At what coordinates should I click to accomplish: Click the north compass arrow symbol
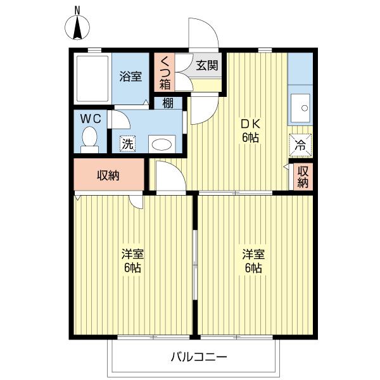77,28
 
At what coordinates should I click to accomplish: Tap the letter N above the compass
77,10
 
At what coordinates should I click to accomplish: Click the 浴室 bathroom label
130,77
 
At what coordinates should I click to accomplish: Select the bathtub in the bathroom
92,79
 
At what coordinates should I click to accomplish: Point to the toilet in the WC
90,139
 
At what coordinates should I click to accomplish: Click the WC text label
91,119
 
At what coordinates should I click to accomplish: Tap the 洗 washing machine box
127,144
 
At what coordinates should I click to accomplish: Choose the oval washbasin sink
161,144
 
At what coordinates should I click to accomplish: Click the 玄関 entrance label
207,65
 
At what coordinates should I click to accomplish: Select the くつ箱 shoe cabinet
165,72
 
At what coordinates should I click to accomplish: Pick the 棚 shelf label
168,103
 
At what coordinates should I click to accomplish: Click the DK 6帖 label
250,131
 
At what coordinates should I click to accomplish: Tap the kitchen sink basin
300,108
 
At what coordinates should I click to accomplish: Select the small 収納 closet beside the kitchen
303,177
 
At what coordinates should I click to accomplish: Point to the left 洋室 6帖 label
132,261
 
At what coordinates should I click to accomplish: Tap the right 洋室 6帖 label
253,261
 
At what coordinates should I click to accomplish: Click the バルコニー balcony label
199,357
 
